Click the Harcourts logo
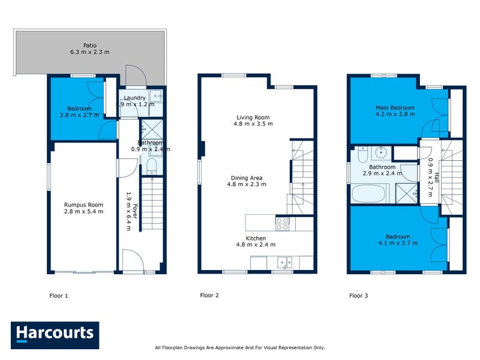pos(55,334)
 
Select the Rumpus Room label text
pos(83,204)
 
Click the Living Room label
pos(253,117)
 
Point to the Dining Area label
pos(247,178)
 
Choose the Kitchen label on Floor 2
pos(255,238)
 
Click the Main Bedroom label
pos(394,107)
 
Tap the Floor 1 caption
pos(59,295)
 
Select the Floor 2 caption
pos(209,295)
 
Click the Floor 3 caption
pos(359,295)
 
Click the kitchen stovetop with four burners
pos(282,223)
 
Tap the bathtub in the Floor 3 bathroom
pos(368,194)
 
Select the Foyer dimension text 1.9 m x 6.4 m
pos(128,211)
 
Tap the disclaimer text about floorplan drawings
pos(239,347)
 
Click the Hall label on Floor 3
pos(437,178)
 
